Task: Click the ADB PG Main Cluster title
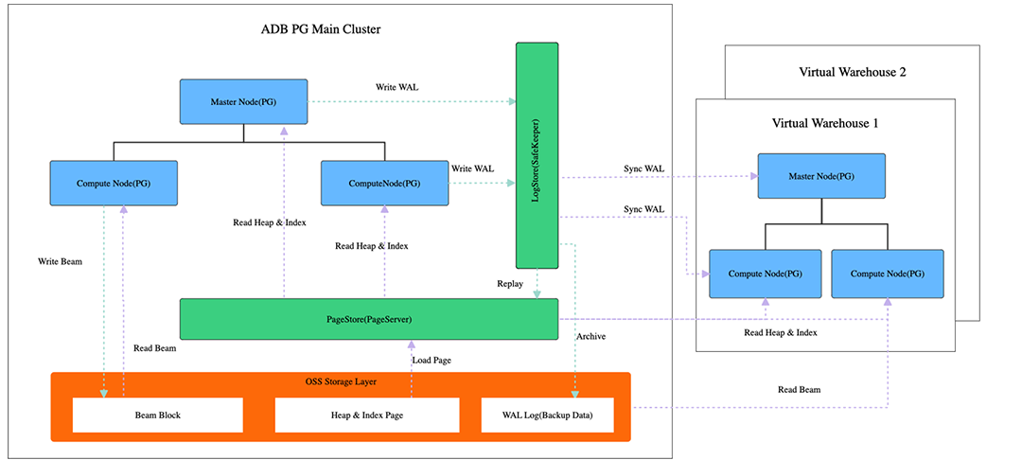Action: click(x=321, y=29)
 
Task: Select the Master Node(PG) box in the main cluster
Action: click(x=244, y=101)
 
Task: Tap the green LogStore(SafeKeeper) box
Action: click(x=537, y=155)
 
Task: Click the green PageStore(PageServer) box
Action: click(x=368, y=319)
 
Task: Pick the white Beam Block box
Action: click(x=157, y=415)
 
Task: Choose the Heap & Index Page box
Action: click(x=367, y=415)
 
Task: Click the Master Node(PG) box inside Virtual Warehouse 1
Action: click(x=821, y=175)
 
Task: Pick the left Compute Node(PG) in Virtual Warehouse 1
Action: click(x=766, y=274)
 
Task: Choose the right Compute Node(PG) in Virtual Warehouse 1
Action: click(x=888, y=274)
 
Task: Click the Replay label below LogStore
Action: click(x=511, y=283)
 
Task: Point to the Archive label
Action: click(x=590, y=336)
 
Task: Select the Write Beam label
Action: click(x=60, y=260)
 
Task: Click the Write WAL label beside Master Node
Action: click(x=396, y=87)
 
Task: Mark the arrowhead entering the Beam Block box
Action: click(x=102, y=392)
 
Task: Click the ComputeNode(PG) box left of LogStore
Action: click(x=384, y=183)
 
